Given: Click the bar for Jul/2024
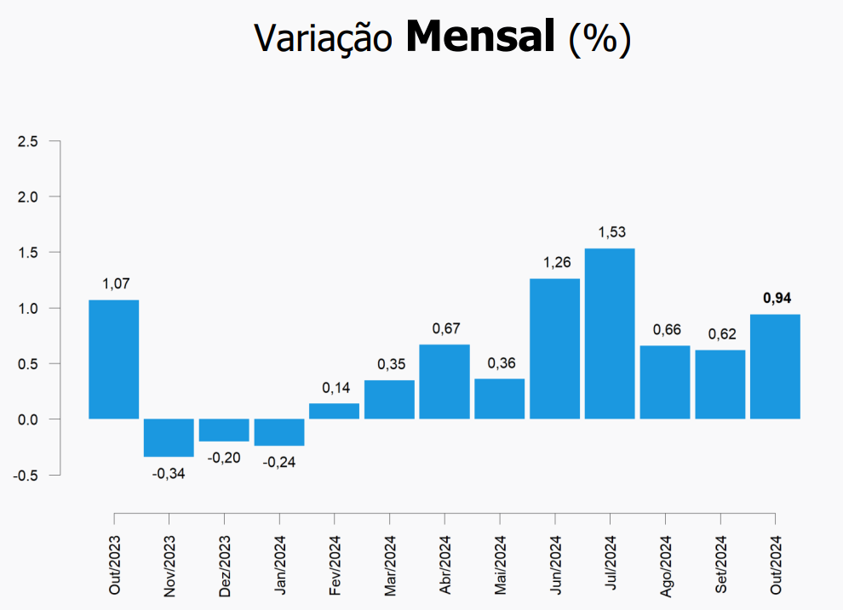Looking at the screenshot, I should pos(610,334).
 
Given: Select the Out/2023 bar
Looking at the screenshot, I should pos(113,359).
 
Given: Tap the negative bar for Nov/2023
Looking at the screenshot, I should pos(169,437).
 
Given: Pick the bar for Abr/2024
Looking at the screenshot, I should pos(444,381).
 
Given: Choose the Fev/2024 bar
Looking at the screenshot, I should pos(334,411).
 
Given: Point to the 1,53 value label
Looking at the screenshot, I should pos(610,231).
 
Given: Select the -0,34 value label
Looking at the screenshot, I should pos(169,473).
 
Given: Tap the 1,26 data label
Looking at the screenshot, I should pos(554,262).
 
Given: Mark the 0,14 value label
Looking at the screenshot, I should pos(334,387).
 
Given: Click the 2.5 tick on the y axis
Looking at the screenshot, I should pos(28,141).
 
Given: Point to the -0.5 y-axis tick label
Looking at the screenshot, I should pos(26,475).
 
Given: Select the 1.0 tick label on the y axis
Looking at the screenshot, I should pos(28,308).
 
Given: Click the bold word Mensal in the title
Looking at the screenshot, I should pos(480,37).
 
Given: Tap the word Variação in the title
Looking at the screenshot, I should pos(324,38).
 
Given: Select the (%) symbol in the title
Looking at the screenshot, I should pos(600,38).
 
